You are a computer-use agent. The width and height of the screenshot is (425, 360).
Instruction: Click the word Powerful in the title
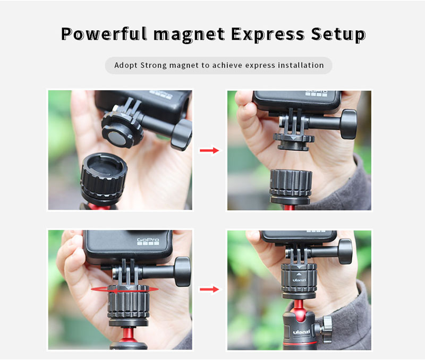(x=104, y=34)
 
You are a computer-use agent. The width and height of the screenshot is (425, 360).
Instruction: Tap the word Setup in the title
(x=338, y=35)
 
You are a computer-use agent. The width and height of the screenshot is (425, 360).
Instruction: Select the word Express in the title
(x=268, y=35)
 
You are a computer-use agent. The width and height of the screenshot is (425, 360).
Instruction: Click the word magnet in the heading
(x=189, y=35)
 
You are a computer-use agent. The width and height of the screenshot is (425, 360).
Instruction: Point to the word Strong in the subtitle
(x=154, y=65)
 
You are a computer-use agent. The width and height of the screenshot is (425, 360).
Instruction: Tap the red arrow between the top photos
(x=209, y=150)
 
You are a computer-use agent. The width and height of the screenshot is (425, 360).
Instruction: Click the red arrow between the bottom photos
(x=209, y=289)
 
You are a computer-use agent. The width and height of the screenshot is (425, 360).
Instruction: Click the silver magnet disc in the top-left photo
(x=117, y=138)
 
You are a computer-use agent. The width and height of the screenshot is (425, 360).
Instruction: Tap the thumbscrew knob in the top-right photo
(x=349, y=124)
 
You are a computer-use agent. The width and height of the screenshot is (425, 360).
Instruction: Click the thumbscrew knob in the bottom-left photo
(x=183, y=272)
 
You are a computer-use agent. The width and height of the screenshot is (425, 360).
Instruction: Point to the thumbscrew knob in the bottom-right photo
(x=345, y=251)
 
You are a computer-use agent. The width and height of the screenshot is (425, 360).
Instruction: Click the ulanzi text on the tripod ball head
(x=301, y=331)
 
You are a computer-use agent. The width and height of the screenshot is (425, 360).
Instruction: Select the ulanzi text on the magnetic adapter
(x=299, y=280)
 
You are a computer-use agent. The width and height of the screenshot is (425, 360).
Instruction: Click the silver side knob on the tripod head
(x=327, y=329)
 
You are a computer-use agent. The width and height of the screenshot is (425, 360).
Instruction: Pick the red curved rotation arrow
(x=125, y=290)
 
